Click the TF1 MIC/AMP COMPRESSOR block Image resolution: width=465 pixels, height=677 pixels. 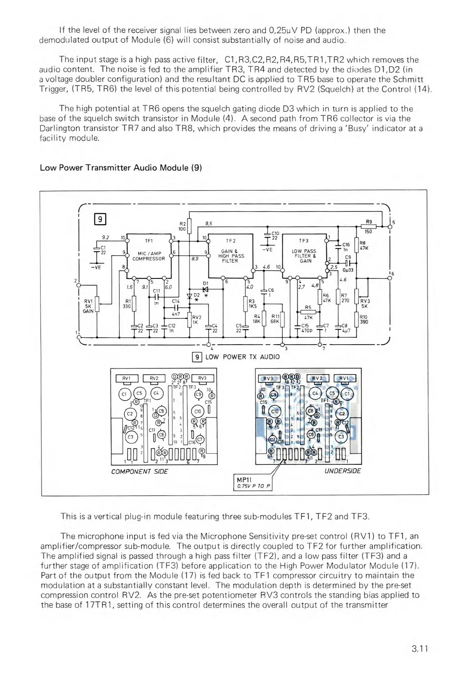tap(149, 255)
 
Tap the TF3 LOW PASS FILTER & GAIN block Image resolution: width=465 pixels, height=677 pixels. tap(305, 255)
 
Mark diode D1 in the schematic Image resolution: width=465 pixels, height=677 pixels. tap(206, 289)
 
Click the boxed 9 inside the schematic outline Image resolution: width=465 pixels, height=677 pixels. tap(100, 219)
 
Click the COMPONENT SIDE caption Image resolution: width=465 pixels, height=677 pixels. tap(139, 471)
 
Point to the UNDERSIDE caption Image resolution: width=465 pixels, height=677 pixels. tap(342, 471)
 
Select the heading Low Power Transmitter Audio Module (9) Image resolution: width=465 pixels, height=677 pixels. tap(121, 168)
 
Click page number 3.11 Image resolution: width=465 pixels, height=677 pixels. tap(420, 649)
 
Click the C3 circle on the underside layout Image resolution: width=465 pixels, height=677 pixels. tap(341, 437)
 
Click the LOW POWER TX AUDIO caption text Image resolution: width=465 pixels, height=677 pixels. tap(242, 357)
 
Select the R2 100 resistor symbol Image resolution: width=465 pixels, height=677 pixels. tap(189, 226)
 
